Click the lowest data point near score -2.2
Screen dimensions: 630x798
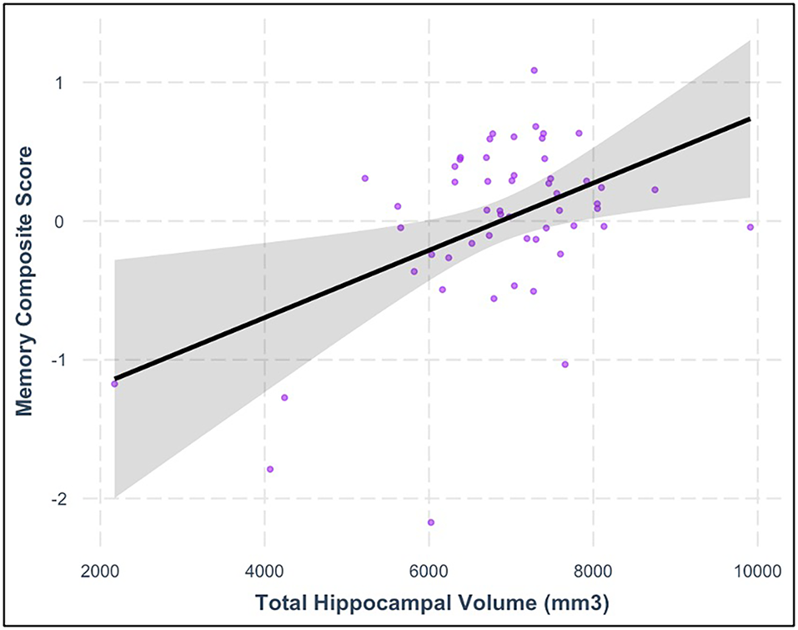tap(431, 522)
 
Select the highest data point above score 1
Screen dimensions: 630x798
tap(534, 70)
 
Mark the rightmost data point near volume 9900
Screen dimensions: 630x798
tap(750, 227)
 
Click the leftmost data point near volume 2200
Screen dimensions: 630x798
tap(114, 384)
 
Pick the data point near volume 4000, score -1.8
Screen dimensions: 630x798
tap(270, 469)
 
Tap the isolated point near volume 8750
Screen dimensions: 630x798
tap(655, 189)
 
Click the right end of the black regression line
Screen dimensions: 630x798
tap(750, 118)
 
